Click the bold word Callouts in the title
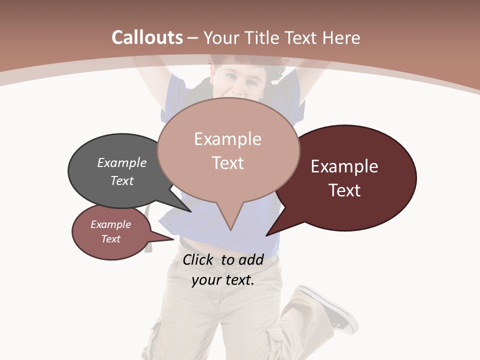point(147,37)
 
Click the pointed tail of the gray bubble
point(190,211)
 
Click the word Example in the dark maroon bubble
point(344,166)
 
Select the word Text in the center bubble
point(228,163)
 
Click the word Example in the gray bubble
point(121,163)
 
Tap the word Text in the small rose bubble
point(111,239)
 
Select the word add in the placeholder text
point(250,259)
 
